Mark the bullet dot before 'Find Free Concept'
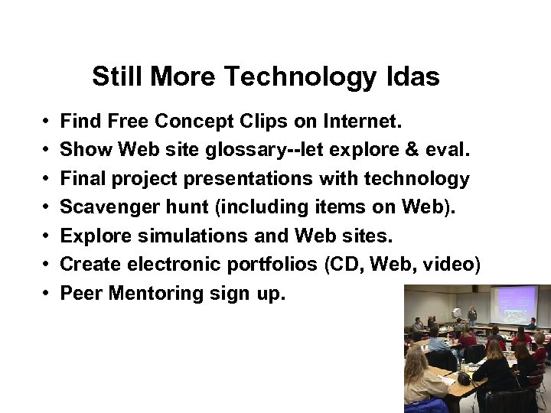(47, 122)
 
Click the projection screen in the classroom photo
(514, 304)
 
